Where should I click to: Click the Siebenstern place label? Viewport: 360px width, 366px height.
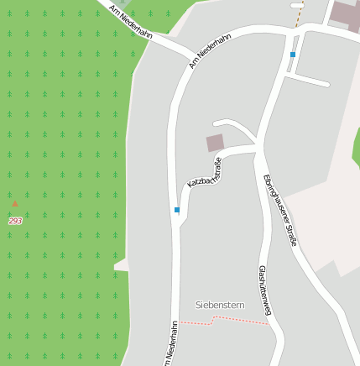click(219, 305)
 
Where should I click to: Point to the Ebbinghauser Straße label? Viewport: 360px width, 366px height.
click(280, 210)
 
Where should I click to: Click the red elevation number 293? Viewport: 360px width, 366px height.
click(15, 221)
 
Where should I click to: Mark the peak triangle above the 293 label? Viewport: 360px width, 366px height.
click(15, 203)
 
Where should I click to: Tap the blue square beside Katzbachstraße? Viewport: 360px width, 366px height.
click(177, 210)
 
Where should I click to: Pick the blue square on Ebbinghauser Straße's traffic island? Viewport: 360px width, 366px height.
click(293, 55)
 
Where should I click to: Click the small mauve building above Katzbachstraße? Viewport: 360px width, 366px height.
click(216, 143)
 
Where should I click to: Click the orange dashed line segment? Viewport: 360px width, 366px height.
click(298, 17)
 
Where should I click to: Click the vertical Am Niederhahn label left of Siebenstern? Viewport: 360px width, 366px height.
click(172, 343)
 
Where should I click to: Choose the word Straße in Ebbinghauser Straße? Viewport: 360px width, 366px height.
click(290, 230)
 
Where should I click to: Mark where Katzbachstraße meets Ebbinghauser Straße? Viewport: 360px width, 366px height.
click(255, 150)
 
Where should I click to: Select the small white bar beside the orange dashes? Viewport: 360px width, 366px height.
click(297, 5)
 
